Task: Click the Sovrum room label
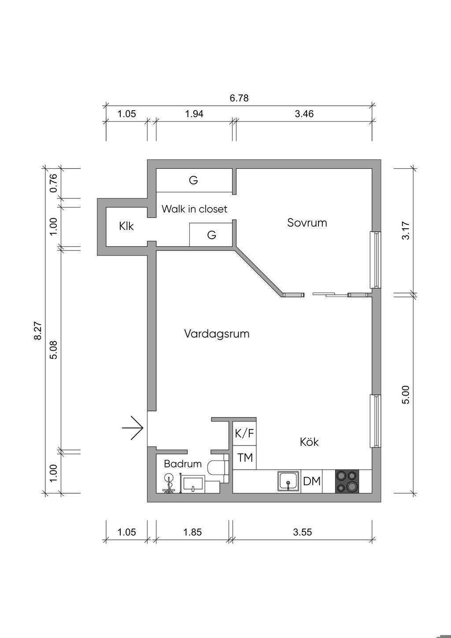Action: click(x=307, y=223)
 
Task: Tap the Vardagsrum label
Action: click(x=217, y=334)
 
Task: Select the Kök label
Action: click(x=309, y=441)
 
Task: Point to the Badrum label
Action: click(x=183, y=464)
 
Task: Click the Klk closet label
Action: click(x=126, y=226)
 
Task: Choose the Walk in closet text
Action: click(x=194, y=208)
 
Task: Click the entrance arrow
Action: click(x=133, y=427)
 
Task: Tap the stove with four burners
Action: click(x=347, y=482)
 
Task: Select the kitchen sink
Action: click(x=288, y=482)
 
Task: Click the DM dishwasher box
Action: click(x=312, y=482)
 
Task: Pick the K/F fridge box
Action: click(x=244, y=434)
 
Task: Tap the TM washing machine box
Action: click(x=245, y=458)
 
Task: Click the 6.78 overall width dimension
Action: click(x=239, y=98)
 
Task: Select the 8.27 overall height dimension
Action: click(x=38, y=330)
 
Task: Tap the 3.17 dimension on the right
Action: click(x=406, y=230)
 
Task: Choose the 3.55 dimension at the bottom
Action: click(x=302, y=532)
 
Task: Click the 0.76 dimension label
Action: click(x=53, y=183)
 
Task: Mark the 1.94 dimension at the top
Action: click(x=194, y=114)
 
